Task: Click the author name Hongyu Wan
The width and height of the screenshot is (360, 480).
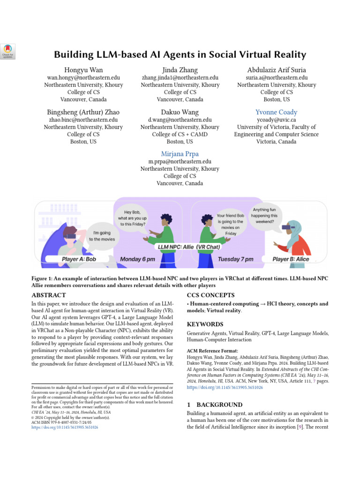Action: click(x=83, y=69)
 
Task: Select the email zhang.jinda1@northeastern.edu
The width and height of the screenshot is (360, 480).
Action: click(x=180, y=77)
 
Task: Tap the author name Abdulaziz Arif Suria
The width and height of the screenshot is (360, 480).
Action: click(x=277, y=69)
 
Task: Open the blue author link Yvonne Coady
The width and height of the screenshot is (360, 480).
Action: click(x=276, y=112)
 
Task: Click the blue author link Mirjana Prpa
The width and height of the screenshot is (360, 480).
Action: click(x=180, y=154)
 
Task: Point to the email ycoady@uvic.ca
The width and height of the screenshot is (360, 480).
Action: click(x=276, y=120)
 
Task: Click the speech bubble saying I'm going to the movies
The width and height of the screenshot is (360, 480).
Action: click(x=101, y=236)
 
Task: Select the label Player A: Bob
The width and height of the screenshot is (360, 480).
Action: click(x=79, y=259)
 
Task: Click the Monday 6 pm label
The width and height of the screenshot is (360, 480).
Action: click(x=137, y=259)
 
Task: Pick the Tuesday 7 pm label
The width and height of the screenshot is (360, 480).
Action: click(x=235, y=259)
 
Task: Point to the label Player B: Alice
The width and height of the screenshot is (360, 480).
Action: click(x=291, y=259)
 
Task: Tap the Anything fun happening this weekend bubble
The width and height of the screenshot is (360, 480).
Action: click(x=265, y=216)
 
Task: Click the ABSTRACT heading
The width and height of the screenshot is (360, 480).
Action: click(x=48, y=295)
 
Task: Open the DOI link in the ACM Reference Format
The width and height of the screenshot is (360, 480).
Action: click(x=225, y=388)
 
